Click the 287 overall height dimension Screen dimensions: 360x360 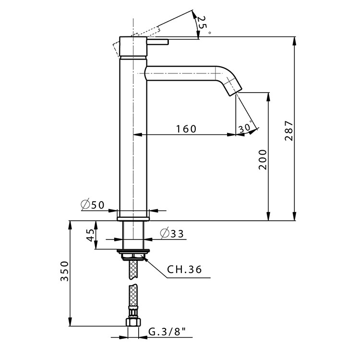(x=288, y=131)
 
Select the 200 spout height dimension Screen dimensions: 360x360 (x=262, y=159)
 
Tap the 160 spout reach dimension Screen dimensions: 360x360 (x=186, y=129)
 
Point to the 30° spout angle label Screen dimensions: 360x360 (x=245, y=128)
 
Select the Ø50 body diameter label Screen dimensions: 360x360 (x=93, y=205)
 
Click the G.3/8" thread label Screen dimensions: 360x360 (x=167, y=332)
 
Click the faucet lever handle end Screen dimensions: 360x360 (x=166, y=43)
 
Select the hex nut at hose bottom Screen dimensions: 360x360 (x=133, y=322)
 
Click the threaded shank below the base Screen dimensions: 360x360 (x=134, y=235)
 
